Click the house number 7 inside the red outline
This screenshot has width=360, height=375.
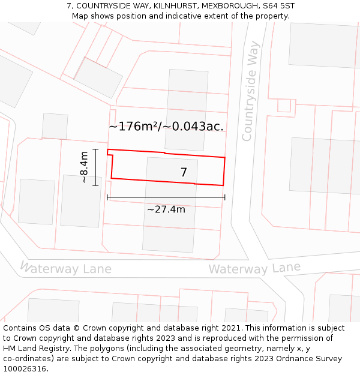point(184,173)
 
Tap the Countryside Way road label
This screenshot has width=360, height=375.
point(250,91)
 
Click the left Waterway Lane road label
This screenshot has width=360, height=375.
point(66,268)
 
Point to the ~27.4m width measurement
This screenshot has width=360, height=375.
point(166,209)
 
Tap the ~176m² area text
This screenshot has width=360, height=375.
point(133,127)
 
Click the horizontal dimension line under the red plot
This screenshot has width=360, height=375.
point(166,197)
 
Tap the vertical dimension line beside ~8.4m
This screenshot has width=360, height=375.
point(95,167)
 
